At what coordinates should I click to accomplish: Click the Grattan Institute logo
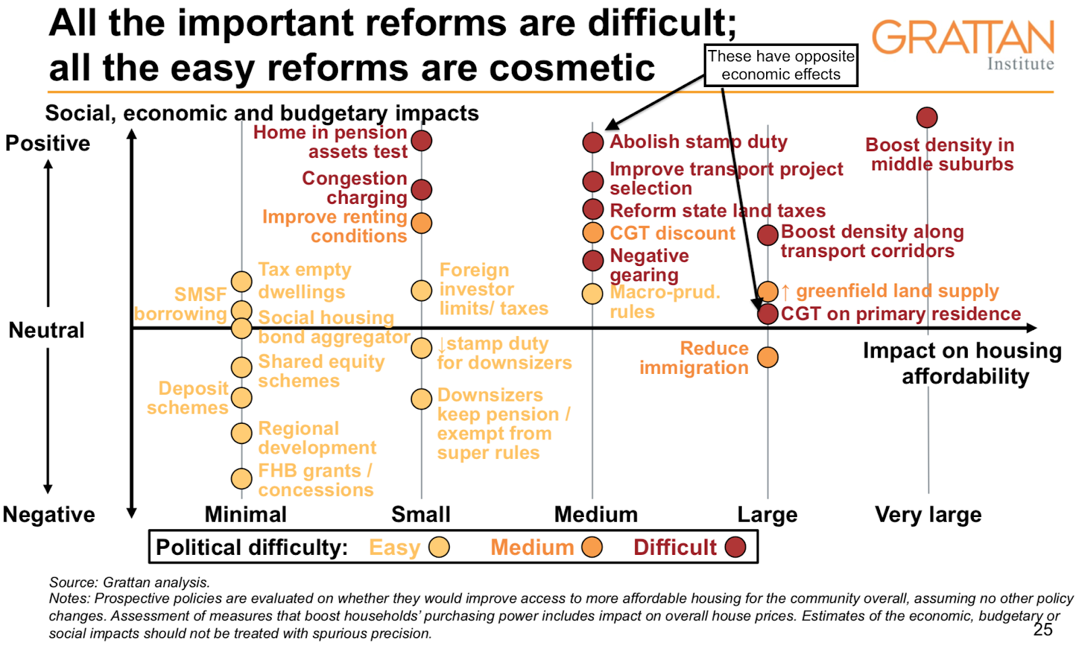963,45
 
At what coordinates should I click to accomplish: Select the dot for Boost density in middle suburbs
927,117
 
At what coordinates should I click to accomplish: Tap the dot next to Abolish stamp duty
593,142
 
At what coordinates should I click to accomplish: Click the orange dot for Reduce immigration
767,357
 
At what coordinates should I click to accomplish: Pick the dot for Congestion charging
421,190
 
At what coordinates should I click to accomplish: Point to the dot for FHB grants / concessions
241,479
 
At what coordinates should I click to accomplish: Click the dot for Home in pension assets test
421,140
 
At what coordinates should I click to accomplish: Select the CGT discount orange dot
593,232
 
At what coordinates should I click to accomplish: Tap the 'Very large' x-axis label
928,515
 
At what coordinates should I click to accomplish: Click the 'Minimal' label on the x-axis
245,515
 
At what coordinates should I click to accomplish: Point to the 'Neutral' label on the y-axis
47,330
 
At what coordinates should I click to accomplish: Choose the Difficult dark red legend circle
735,547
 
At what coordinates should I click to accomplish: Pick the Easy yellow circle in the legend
439,547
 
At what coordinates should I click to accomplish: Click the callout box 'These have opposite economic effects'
781,65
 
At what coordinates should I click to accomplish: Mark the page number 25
1043,630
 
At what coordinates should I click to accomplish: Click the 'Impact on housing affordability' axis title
963,363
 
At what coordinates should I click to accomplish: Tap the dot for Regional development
241,433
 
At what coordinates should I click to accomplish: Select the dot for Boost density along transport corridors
767,235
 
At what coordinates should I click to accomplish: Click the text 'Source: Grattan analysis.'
129,583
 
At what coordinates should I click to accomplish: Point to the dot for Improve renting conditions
421,223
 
